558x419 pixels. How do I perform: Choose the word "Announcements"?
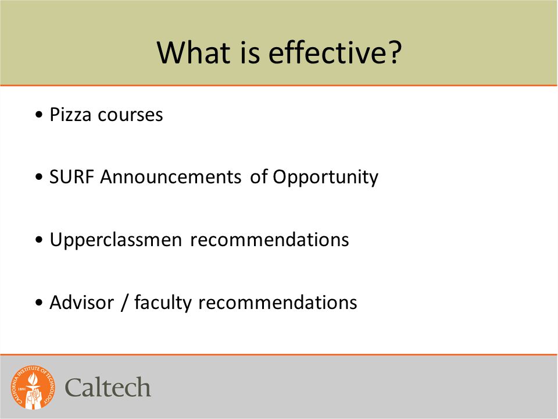171,177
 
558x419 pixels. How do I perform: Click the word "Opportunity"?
325,178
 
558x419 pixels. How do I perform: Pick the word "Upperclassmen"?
116,240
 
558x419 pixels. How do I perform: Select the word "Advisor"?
82,303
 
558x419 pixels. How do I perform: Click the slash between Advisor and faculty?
124,303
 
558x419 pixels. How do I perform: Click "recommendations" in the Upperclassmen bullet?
269,240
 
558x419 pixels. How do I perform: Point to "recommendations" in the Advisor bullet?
278,303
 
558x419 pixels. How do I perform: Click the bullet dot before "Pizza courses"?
39,115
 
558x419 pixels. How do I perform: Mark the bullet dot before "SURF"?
39,177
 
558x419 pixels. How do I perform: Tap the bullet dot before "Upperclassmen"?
39,240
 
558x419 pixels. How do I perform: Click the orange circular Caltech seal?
33,388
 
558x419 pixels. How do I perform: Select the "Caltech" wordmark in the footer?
108,388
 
